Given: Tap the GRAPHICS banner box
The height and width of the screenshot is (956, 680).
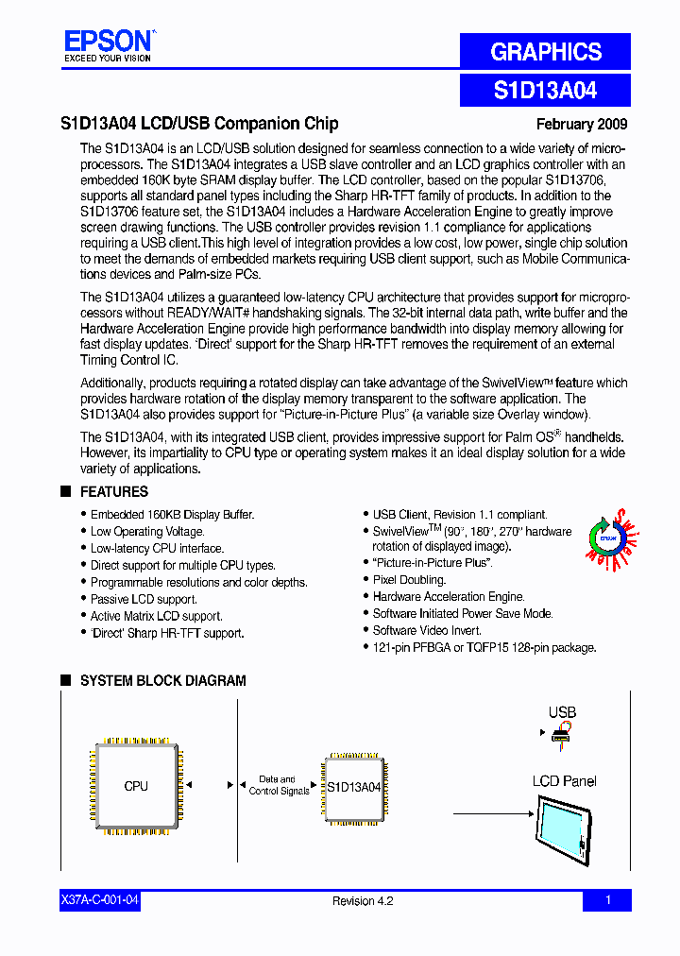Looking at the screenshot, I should tap(545, 52).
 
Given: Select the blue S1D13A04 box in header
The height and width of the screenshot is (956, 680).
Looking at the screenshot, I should tap(545, 91).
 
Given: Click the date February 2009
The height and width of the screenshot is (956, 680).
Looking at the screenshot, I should tap(581, 124).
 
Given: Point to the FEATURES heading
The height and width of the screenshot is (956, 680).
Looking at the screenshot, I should tap(113, 491).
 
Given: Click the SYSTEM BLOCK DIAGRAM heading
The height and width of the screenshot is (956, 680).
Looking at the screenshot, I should tap(162, 680).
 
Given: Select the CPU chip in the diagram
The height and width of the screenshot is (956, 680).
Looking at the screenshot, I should tap(136, 786).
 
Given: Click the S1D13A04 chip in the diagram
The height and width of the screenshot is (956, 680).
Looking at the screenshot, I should tap(353, 786).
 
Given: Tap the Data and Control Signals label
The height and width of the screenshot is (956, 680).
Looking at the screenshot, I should tap(279, 785).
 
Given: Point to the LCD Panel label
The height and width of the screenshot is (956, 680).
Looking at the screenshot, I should tap(564, 781).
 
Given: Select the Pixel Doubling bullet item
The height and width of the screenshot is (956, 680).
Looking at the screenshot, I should tap(409, 579).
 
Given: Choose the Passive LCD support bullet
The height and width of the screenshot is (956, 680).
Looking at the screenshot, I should tap(144, 599).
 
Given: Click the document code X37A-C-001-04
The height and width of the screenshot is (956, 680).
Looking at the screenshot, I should tap(99, 900).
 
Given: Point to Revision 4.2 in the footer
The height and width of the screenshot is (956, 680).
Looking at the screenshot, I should tap(363, 900).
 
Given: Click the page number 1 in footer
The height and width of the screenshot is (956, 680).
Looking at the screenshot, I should tap(607, 900).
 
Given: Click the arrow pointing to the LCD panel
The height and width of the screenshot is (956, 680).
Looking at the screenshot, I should tap(491, 813).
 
